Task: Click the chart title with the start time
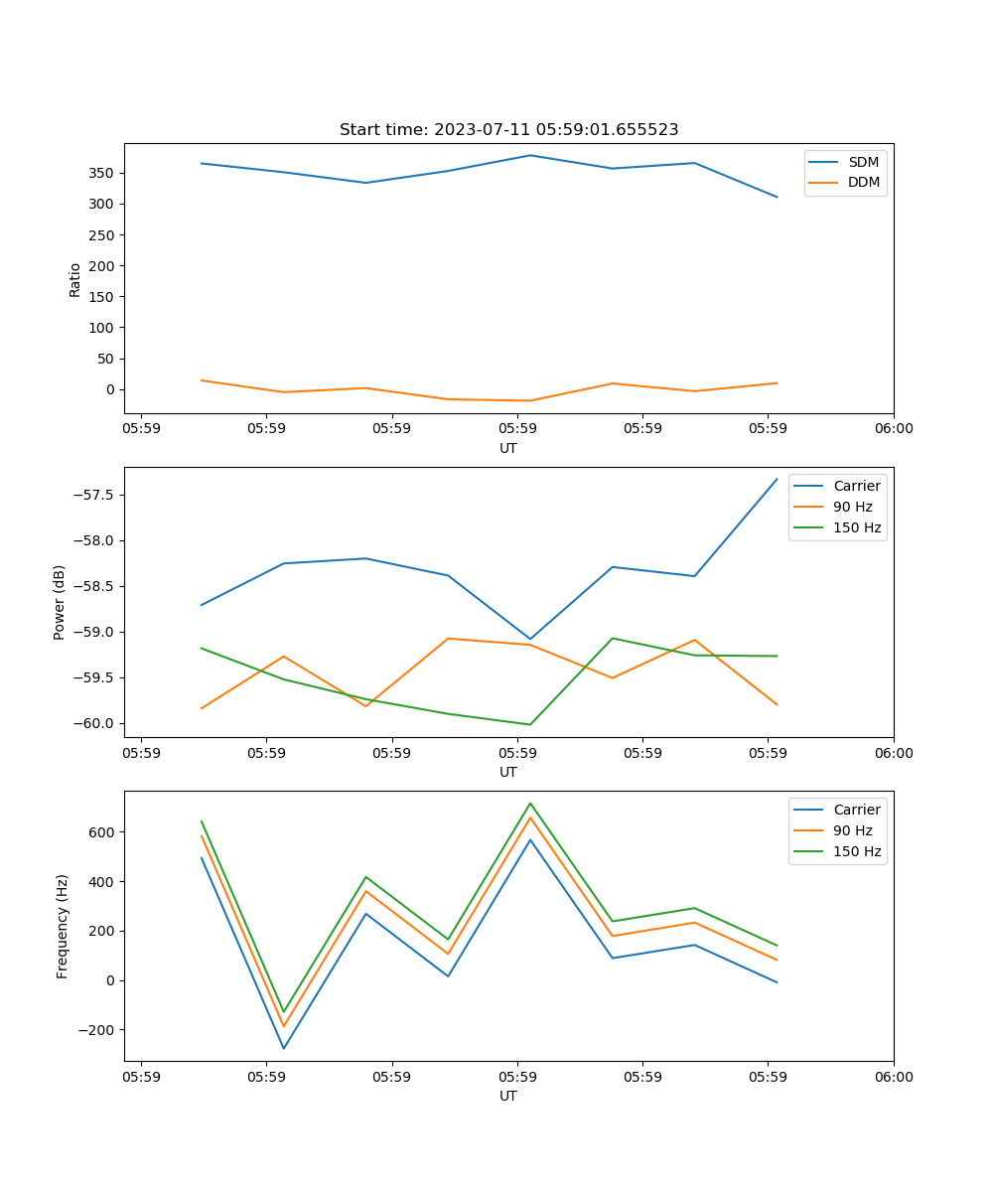click(508, 130)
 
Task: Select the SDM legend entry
click(863, 162)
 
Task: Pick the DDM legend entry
click(863, 182)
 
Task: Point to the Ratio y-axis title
click(75, 279)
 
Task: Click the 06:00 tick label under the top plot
click(893, 429)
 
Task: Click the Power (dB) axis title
click(61, 602)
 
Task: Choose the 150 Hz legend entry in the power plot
click(857, 527)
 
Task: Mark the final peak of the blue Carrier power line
click(777, 479)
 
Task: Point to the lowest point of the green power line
click(529, 724)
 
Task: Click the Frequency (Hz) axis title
click(63, 926)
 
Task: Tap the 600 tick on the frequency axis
click(102, 831)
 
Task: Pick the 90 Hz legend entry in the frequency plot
click(853, 830)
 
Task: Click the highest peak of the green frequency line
click(530, 803)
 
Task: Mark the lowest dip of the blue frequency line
click(284, 1048)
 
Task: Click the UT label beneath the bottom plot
click(508, 1096)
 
